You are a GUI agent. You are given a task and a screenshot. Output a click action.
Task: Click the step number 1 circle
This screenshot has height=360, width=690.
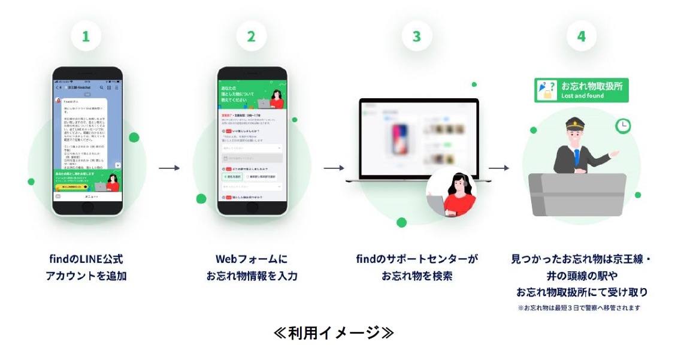point(86,37)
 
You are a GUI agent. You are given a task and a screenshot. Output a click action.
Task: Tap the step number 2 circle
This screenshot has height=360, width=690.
point(251,37)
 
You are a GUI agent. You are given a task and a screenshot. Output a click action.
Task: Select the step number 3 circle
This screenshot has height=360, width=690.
point(416,37)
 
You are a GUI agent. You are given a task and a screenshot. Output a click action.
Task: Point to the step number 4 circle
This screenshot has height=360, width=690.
point(581,37)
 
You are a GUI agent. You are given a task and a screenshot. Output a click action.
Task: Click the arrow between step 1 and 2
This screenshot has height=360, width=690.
point(169,168)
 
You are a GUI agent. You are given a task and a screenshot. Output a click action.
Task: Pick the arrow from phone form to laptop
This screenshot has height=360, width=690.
point(334,168)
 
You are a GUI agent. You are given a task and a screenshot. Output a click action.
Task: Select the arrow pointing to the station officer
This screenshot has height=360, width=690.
point(499,168)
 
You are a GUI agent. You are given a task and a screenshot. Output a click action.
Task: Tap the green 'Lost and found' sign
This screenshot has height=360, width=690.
point(581,90)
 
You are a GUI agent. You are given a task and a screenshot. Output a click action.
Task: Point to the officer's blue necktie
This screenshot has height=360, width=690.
point(577,157)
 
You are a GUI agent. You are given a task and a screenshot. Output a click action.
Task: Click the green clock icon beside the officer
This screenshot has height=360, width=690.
point(623,126)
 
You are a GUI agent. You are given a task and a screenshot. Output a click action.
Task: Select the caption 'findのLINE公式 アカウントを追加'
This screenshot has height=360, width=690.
point(86,268)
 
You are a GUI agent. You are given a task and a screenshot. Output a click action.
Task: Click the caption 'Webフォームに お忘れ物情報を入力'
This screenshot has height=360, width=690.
point(252,268)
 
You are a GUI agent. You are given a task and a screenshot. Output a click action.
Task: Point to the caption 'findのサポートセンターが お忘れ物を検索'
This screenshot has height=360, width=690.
point(417,268)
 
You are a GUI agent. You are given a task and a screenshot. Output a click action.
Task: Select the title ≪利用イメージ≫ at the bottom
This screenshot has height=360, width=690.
point(334,333)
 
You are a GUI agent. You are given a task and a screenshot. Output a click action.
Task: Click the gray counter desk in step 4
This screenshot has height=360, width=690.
point(578,195)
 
